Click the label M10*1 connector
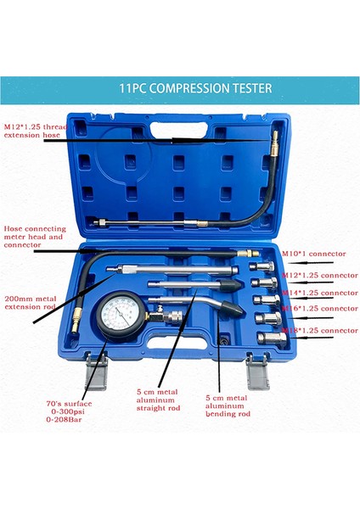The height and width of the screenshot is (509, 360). click(x=308, y=254)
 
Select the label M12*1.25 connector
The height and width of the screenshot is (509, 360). click(x=318, y=275)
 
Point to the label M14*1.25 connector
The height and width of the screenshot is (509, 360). click(x=318, y=292)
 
